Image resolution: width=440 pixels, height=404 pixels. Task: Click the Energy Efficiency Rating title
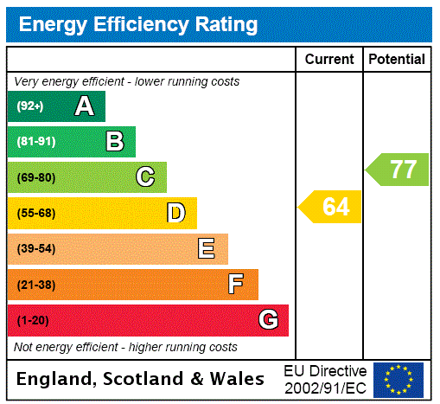[x=138, y=24]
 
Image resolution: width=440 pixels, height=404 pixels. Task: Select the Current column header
[x=329, y=59]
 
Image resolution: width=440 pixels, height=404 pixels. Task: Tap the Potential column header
[x=397, y=59]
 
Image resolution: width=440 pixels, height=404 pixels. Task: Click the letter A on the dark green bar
[x=84, y=106]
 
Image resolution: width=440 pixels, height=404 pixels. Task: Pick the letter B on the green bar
[x=114, y=142]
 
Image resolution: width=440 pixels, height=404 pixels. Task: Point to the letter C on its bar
[x=145, y=177]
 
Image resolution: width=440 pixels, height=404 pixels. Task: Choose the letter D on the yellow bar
[x=175, y=213]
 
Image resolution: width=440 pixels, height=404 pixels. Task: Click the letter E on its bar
[x=207, y=249]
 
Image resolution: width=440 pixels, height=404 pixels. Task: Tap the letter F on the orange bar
[x=235, y=285]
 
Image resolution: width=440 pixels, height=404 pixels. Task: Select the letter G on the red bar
[x=268, y=320]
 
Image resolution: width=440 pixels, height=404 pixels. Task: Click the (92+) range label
[x=29, y=106]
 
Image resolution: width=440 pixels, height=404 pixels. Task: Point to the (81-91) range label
[x=35, y=142]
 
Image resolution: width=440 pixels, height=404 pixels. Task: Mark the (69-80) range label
[x=35, y=177]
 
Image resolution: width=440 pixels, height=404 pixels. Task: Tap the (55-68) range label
[x=35, y=213]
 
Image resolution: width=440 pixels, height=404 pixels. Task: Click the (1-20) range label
[x=33, y=320]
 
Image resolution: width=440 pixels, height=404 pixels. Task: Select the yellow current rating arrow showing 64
[x=330, y=207]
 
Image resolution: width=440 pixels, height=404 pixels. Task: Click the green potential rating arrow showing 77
[x=398, y=169]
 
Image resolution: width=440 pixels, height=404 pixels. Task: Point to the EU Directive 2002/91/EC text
[x=325, y=379]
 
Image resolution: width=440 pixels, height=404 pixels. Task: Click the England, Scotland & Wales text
[x=141, y=379]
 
